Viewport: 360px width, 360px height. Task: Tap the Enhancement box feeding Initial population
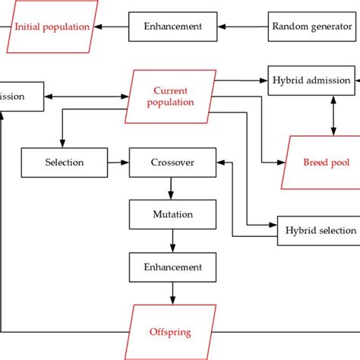coord(173,27)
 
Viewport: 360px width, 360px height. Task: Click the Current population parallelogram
coord(169,96)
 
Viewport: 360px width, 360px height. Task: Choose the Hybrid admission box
coord(312,81)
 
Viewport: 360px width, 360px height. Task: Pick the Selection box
coord(65,163)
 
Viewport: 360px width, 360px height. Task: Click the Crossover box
coord(173,163)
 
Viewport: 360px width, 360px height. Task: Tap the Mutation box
coord(173,215)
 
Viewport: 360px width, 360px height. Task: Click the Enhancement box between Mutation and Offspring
coord(173,267)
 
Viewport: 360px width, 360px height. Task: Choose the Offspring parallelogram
coord(169,332)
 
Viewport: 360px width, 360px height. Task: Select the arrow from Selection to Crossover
coord(118,163)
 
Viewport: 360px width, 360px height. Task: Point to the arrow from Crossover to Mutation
coord(173,188)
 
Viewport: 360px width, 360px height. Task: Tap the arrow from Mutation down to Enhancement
coord(173,241)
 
